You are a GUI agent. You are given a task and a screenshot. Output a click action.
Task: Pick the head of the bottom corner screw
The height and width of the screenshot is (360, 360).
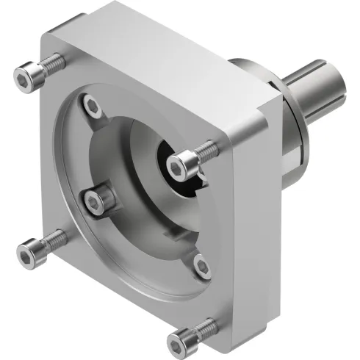coord(180,339)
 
